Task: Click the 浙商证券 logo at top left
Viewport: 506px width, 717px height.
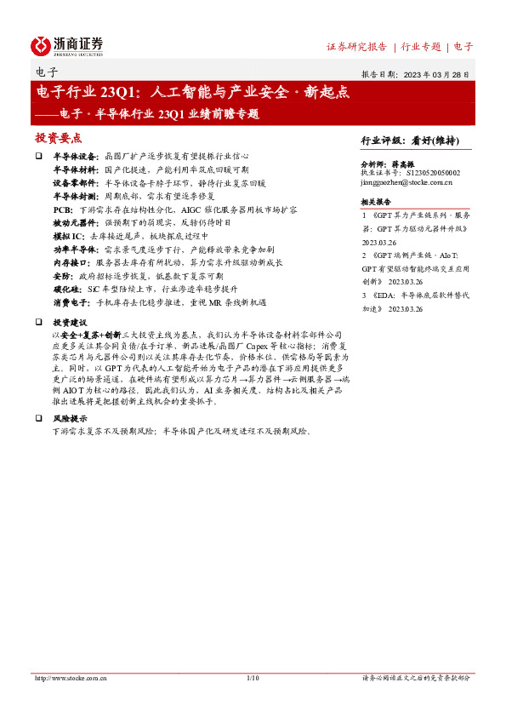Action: pyautogui.click(x=67, y=45)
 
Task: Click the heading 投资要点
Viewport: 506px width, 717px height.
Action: pyautogui.click(x=58, y=137)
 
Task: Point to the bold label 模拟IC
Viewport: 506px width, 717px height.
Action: pyautogui.click(x=68, y=234)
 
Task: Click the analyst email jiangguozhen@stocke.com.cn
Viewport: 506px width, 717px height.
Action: pyautogui.click(x=407, y=182)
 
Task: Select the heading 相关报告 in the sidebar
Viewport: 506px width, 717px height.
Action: pyautogui.click(x=375, y=202)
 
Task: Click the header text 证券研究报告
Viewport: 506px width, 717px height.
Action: pyautogui.click(x=356, y=47)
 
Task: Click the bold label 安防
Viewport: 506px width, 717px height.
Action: pyautogui.click(x=62, y=276)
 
